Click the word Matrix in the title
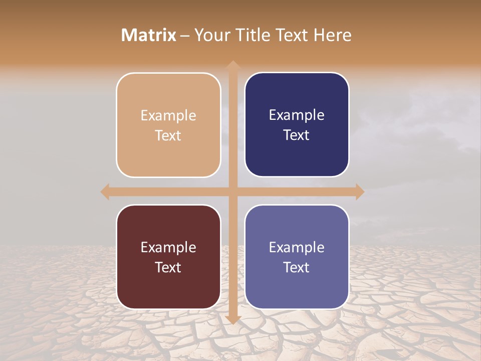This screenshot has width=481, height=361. coord(149,35)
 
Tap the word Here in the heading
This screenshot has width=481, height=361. coord(332,35)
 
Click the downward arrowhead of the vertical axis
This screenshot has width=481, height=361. coord(232,319)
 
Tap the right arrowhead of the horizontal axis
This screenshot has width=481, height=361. coord(359,192)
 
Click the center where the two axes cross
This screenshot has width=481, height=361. coord(232,192)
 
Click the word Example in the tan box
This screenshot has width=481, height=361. coord(168,115)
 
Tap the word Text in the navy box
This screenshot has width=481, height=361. coord(297,135)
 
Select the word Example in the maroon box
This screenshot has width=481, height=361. coord(168,247)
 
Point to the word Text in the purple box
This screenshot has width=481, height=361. coord(297,267)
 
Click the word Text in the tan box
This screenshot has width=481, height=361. coord(168,135)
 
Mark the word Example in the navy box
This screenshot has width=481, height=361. coord(297,115)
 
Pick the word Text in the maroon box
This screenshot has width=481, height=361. coord(168,267)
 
